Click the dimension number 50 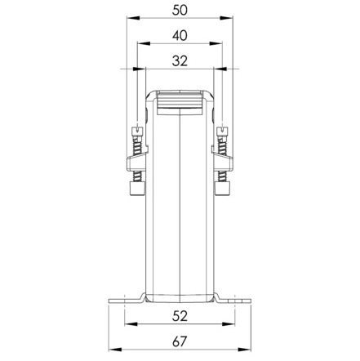[180, 10]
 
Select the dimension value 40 [180, 36]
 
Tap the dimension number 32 [180, 61]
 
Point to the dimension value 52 [180, 316]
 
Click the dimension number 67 [180, 341]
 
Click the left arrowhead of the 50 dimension [133, 18]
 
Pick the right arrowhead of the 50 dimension [226, 18]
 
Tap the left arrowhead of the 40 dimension [144, 43]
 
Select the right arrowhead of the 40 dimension [216, 43]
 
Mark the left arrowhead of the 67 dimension [115, 350]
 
